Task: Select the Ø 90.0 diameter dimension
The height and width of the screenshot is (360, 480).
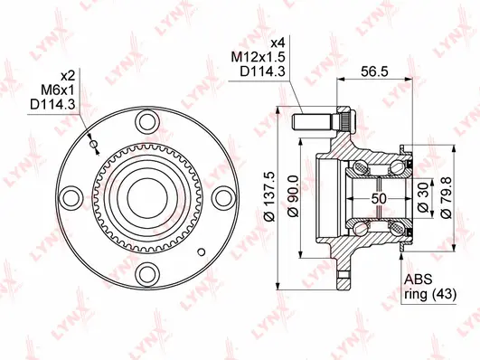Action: tap(291, 194)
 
